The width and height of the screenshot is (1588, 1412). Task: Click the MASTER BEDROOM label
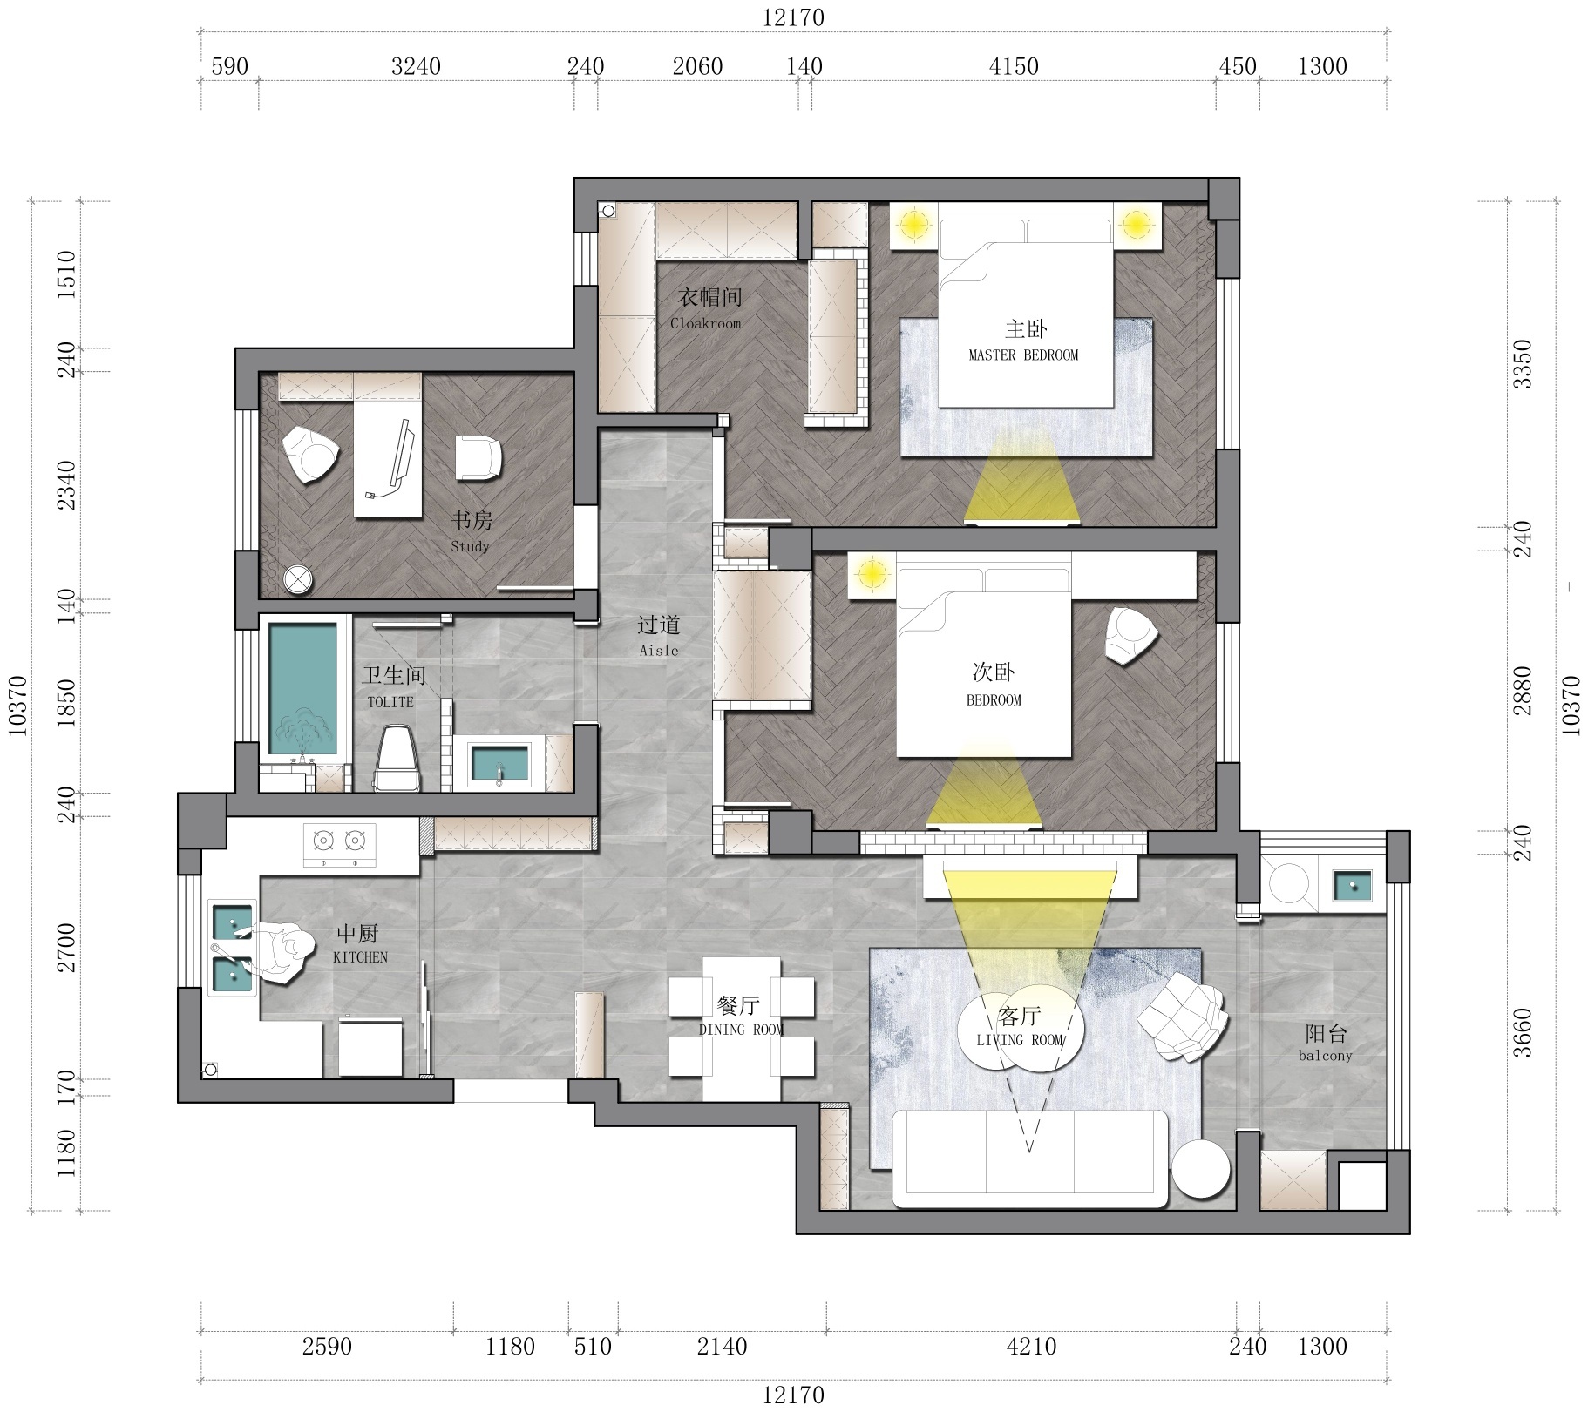click(x=1023, y=355)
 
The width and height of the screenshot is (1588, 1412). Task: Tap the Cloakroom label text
click(x=706, y=323)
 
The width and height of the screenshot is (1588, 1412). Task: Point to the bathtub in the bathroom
click(x=302, y=688)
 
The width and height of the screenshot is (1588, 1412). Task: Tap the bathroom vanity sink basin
click(x=499, y=763)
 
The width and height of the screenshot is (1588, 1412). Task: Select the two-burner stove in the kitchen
click(x=339, y=844)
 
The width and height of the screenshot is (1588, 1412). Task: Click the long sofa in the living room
click(x=1030, y=1159)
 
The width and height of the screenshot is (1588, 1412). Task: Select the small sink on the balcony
click(x=1352, y=886)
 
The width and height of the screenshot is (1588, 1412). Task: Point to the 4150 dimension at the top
click(x=1014, y=66)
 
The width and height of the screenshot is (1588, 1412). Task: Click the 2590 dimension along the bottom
click(x=327, y=1347)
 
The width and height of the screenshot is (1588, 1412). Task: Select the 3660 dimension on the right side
click(x=1522, y=1032)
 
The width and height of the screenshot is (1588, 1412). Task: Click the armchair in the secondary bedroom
click(x=1131, y=636)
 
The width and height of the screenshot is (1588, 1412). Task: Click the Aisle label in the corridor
click(x=659, y=651)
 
